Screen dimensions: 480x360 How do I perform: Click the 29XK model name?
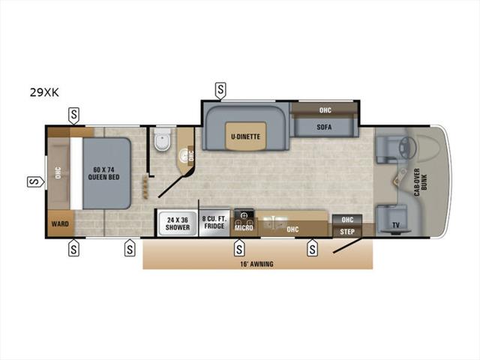[44, 92]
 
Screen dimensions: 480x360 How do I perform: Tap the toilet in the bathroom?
[162, 139]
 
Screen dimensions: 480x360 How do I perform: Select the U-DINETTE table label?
[245, 136]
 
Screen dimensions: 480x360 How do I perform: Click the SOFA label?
[324, 127]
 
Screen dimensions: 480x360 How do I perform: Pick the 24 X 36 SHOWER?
[178, 223]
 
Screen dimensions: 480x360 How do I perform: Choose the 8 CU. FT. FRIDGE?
[214, 223]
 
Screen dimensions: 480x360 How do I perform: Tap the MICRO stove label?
[244, 228]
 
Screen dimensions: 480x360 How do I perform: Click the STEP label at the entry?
[347, 232]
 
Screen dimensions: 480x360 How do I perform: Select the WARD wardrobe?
[60, 223]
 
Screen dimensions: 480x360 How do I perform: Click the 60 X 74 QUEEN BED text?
[103, 173]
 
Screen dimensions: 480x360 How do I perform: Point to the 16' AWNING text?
[256, 264]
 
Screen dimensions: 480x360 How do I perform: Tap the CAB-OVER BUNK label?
[420, 182]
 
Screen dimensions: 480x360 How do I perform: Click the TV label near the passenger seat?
[396, 225]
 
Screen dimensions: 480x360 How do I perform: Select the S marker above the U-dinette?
[220, 91]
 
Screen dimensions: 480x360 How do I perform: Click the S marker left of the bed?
[36, 181]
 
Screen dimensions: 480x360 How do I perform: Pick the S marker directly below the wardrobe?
[73, 247]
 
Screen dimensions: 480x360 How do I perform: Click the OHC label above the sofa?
[325, 110]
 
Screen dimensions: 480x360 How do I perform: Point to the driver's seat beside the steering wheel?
[386, 150]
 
